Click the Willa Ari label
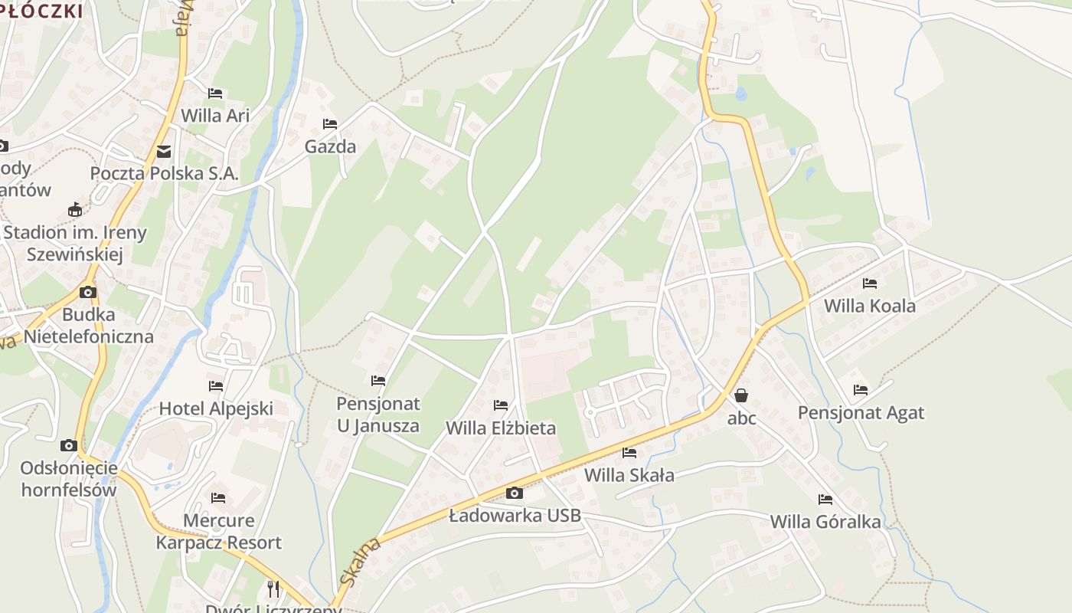pos(215,115)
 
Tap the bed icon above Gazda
pos(330,124)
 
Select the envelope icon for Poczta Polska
pos(164,152)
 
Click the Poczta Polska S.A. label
pos(165,173)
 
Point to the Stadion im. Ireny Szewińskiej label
pos(74,243)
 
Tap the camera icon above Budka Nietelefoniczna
pos(88,292)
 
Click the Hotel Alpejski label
pos(216,408)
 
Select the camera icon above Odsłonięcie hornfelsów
pos(69,445)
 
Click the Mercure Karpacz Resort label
pos(219,531)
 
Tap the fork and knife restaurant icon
pos(273,588)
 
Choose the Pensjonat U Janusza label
pos(378,415)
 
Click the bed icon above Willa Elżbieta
pos(501,405)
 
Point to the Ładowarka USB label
pos(515,516)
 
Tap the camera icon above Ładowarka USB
pos(515,493)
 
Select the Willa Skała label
pos(629,475)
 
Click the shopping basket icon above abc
pos(741,396)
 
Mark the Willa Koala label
pos(869,306)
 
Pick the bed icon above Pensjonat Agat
pos(861,390)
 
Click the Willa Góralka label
pos(825,522)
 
